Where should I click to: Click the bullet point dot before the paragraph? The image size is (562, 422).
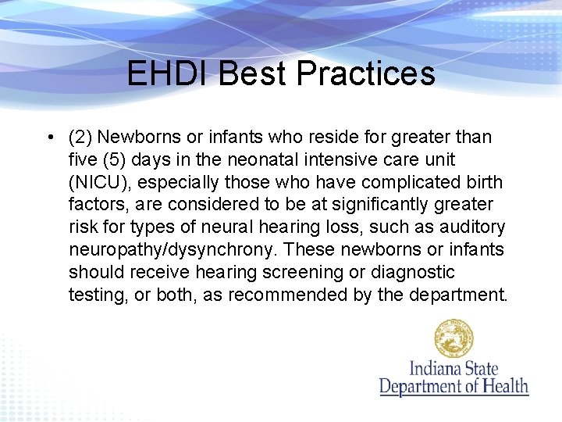click(x=49, y=138)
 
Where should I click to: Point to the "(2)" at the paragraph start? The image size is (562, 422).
click(x=80, y=138)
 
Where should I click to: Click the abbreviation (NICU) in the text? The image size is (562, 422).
click(x=98, y=182)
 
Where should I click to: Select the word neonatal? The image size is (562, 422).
click(x=271, y=159)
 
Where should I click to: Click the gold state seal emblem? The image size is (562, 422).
click(x=454, y=338)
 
